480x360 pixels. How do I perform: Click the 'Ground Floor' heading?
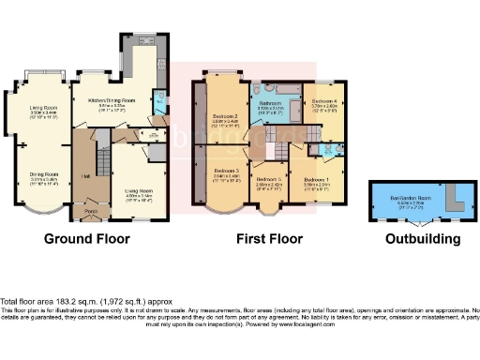click(x=87, y=239)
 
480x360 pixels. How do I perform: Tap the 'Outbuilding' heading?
click(x=423, y=239)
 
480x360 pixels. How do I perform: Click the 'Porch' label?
click(x=91, y=211)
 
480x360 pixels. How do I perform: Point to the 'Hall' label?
click(x=84, y=174)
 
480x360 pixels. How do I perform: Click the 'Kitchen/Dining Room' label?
click(x=112, y=99)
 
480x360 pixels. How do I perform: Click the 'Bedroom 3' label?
click(x=222, y=170)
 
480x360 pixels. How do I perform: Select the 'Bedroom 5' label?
click(x=270, y=178)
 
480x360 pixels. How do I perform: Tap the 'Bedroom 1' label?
click(x=316, y=178)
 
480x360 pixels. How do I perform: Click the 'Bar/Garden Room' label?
click(x=410, y=199)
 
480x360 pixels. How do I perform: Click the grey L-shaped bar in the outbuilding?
click(x=455, y=201)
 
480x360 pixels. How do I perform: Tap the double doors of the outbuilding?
click(x=424, y=225)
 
